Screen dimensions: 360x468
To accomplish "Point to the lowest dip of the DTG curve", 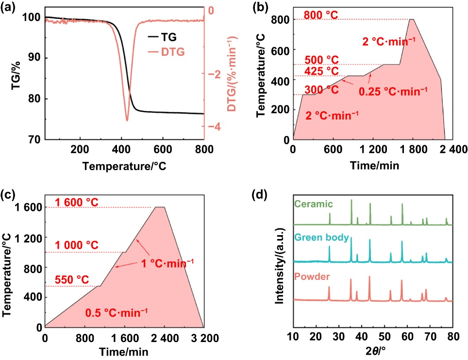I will pos(127,120).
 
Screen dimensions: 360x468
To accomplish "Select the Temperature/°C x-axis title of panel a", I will pos(124,166).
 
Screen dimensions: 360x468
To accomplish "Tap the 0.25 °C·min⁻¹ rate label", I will pos(393,90).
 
